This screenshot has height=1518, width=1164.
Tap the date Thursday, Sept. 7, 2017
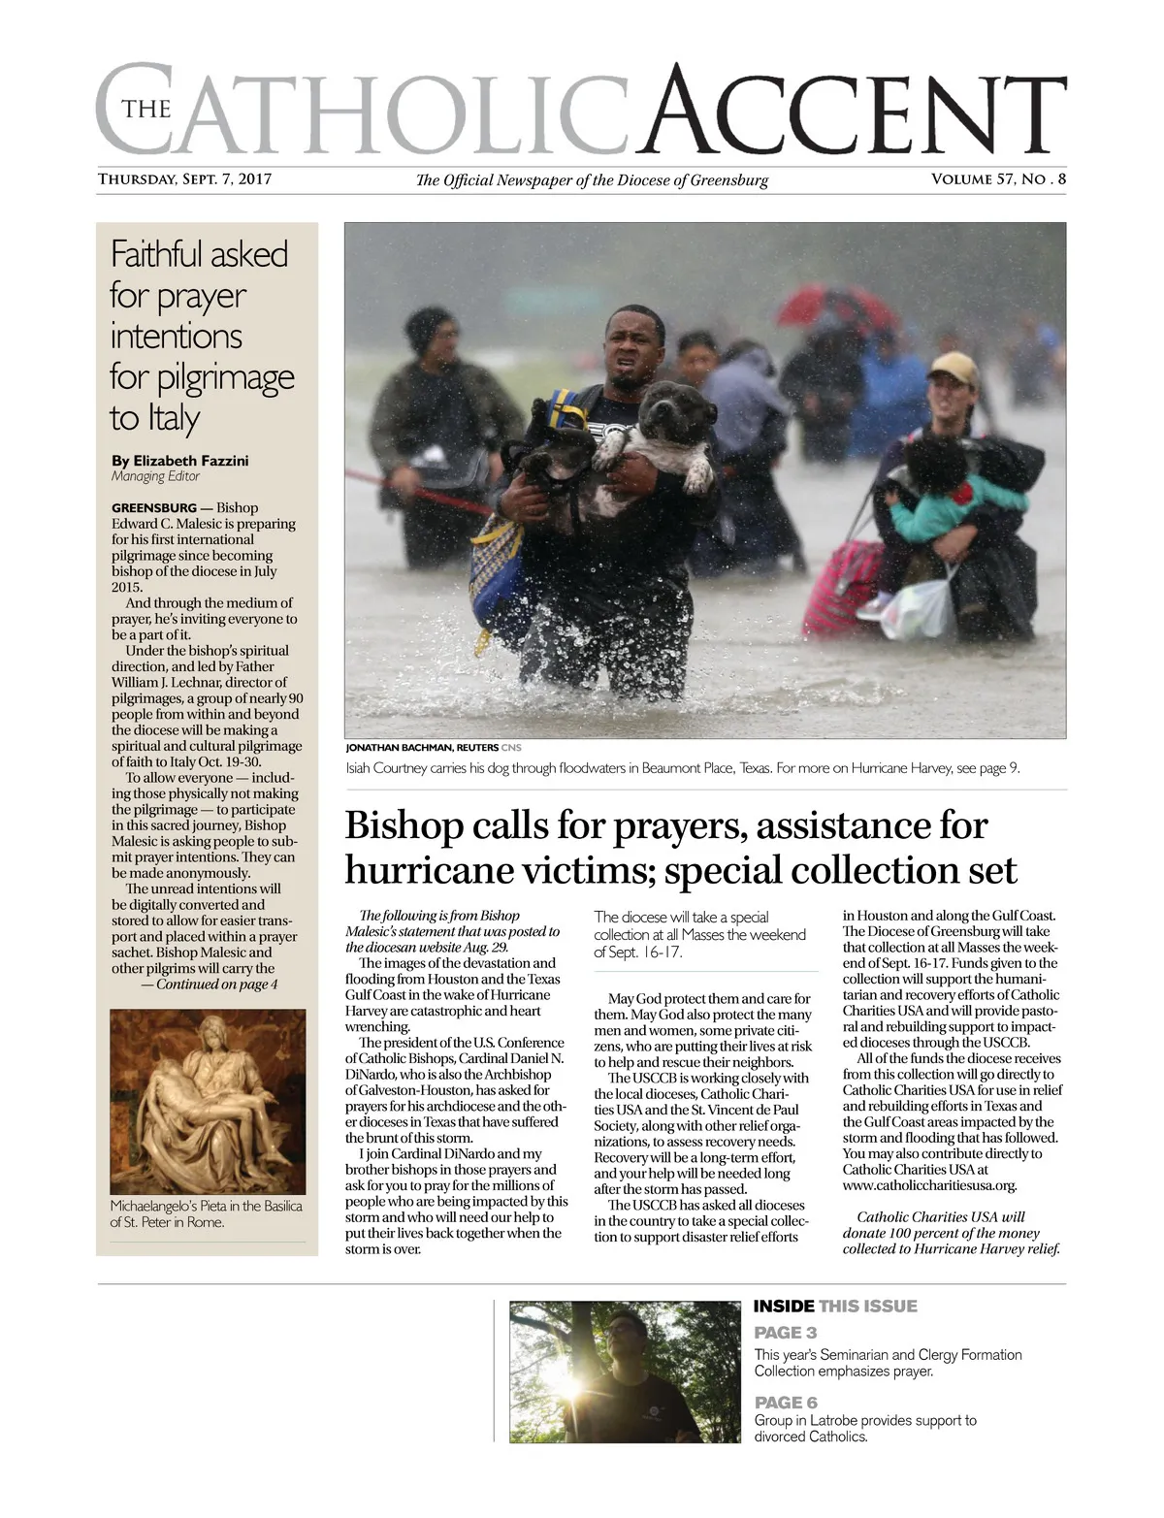(184, 179)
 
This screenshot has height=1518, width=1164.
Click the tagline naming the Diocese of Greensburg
(592, 180)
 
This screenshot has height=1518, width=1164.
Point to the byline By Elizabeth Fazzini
(180, 461)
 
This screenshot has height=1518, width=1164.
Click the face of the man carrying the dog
(635, 344)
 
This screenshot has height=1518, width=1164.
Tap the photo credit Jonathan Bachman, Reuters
(422, 748)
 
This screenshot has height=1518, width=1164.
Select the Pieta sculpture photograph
(208, 1101)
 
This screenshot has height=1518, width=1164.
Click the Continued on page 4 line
(209, 985)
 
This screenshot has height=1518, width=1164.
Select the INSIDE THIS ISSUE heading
(835, 1307)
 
